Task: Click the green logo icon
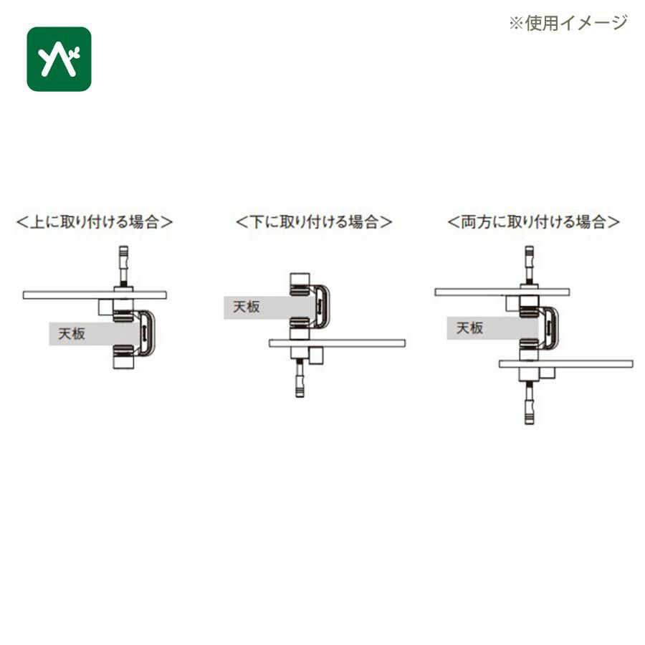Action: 59,59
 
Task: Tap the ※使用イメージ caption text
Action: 568,23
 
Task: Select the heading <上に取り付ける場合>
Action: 94,221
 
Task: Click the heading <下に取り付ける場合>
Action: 313,221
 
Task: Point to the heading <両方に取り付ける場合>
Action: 533,221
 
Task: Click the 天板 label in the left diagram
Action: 72,333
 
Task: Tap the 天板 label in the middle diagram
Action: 247,307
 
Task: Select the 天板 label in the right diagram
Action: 469,328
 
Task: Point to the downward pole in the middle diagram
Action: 300,378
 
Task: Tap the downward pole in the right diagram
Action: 530,402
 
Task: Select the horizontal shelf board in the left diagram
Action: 95,295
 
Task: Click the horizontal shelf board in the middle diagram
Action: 338,343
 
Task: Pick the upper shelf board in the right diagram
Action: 502,292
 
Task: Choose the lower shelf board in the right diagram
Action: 566,364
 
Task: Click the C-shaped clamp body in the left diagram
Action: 150,333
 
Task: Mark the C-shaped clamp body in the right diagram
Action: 554,328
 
